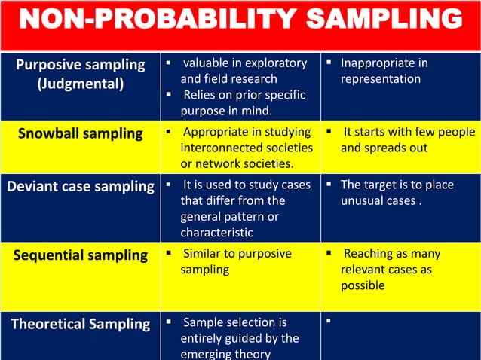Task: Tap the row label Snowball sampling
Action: click(x=81, y=134)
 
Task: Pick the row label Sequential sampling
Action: click(x=81, y=255)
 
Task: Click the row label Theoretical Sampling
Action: click(x=81, y=324)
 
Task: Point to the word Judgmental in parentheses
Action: click(x=81, y=84)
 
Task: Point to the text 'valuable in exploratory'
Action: click(x=245, y=63)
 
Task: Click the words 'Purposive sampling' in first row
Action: click(x=81, y=65)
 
